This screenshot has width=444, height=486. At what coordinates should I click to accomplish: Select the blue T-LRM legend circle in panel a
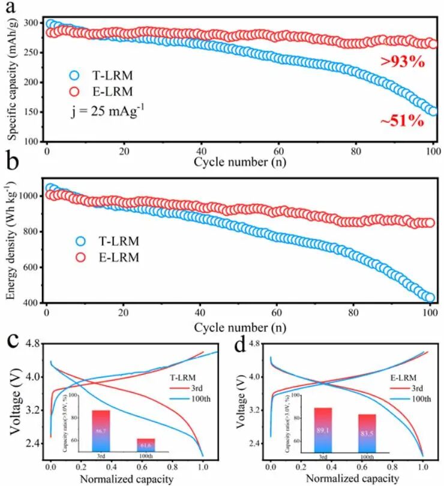pos(74,76)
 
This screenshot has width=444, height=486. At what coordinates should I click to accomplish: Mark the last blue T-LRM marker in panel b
pos(430,297)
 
